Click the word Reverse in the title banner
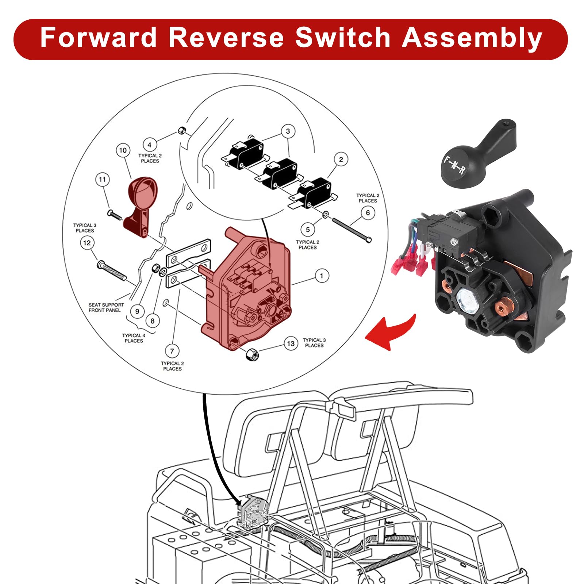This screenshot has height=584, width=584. click(x=226, y=38)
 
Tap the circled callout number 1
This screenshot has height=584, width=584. click(x=322, y=276)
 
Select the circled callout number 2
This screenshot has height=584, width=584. click(x=341, y=160)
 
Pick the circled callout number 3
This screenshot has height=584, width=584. click(x=288, y=131)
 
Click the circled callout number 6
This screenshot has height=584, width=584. click(x=368, y=213)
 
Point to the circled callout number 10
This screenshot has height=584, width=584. click(x=123, y=150)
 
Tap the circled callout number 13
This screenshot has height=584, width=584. click(x=291, y=343)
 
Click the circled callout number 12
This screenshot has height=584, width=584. click(x=87, y=243)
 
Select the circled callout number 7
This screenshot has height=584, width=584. click(x=172, y=351)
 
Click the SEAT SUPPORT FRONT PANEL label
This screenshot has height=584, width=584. click(x=106, y=307)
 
